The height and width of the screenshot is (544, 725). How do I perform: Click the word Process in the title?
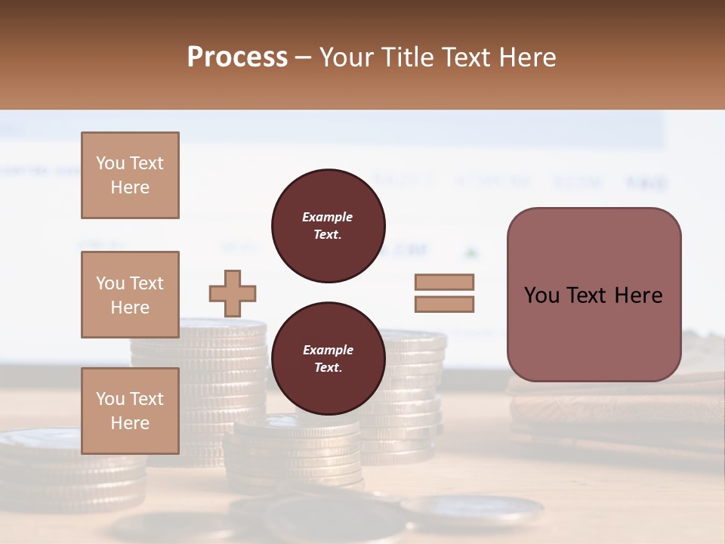237,57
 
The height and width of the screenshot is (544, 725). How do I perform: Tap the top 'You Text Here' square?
130,175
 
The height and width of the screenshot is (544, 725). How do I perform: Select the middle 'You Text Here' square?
130,295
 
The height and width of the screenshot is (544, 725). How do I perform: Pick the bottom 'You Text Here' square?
130,410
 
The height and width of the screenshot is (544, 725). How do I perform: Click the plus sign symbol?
233,293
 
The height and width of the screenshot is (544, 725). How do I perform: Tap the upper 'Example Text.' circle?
328,226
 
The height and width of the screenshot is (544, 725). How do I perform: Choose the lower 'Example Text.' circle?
328,358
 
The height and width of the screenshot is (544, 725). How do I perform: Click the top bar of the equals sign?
444,283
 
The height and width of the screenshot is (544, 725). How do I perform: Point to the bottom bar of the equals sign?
444,304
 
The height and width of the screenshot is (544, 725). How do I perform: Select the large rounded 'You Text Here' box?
594,295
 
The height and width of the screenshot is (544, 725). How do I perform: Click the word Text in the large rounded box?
586,295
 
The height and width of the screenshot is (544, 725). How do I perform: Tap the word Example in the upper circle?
328,217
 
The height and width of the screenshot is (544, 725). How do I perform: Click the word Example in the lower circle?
328,350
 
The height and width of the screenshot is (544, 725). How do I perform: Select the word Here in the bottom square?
130,422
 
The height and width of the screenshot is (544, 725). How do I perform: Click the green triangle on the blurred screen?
471,251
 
